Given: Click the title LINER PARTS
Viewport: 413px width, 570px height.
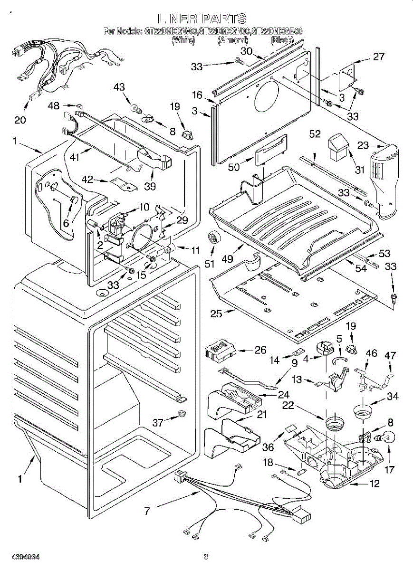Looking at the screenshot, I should pos(203,19).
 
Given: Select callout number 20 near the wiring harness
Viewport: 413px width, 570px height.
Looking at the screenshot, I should pos(20,120).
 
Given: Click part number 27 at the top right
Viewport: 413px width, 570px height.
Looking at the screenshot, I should pos(378,57).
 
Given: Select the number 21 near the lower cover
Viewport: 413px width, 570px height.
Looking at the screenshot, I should pos(262,414).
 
